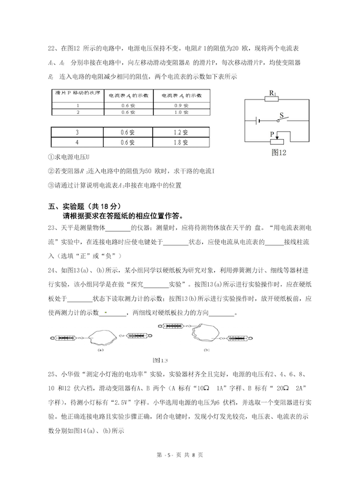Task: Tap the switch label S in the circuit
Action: [x=280, y=112]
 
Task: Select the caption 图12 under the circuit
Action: [x=280, y=153]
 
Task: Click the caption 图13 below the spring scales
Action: [x=161, y=359]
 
